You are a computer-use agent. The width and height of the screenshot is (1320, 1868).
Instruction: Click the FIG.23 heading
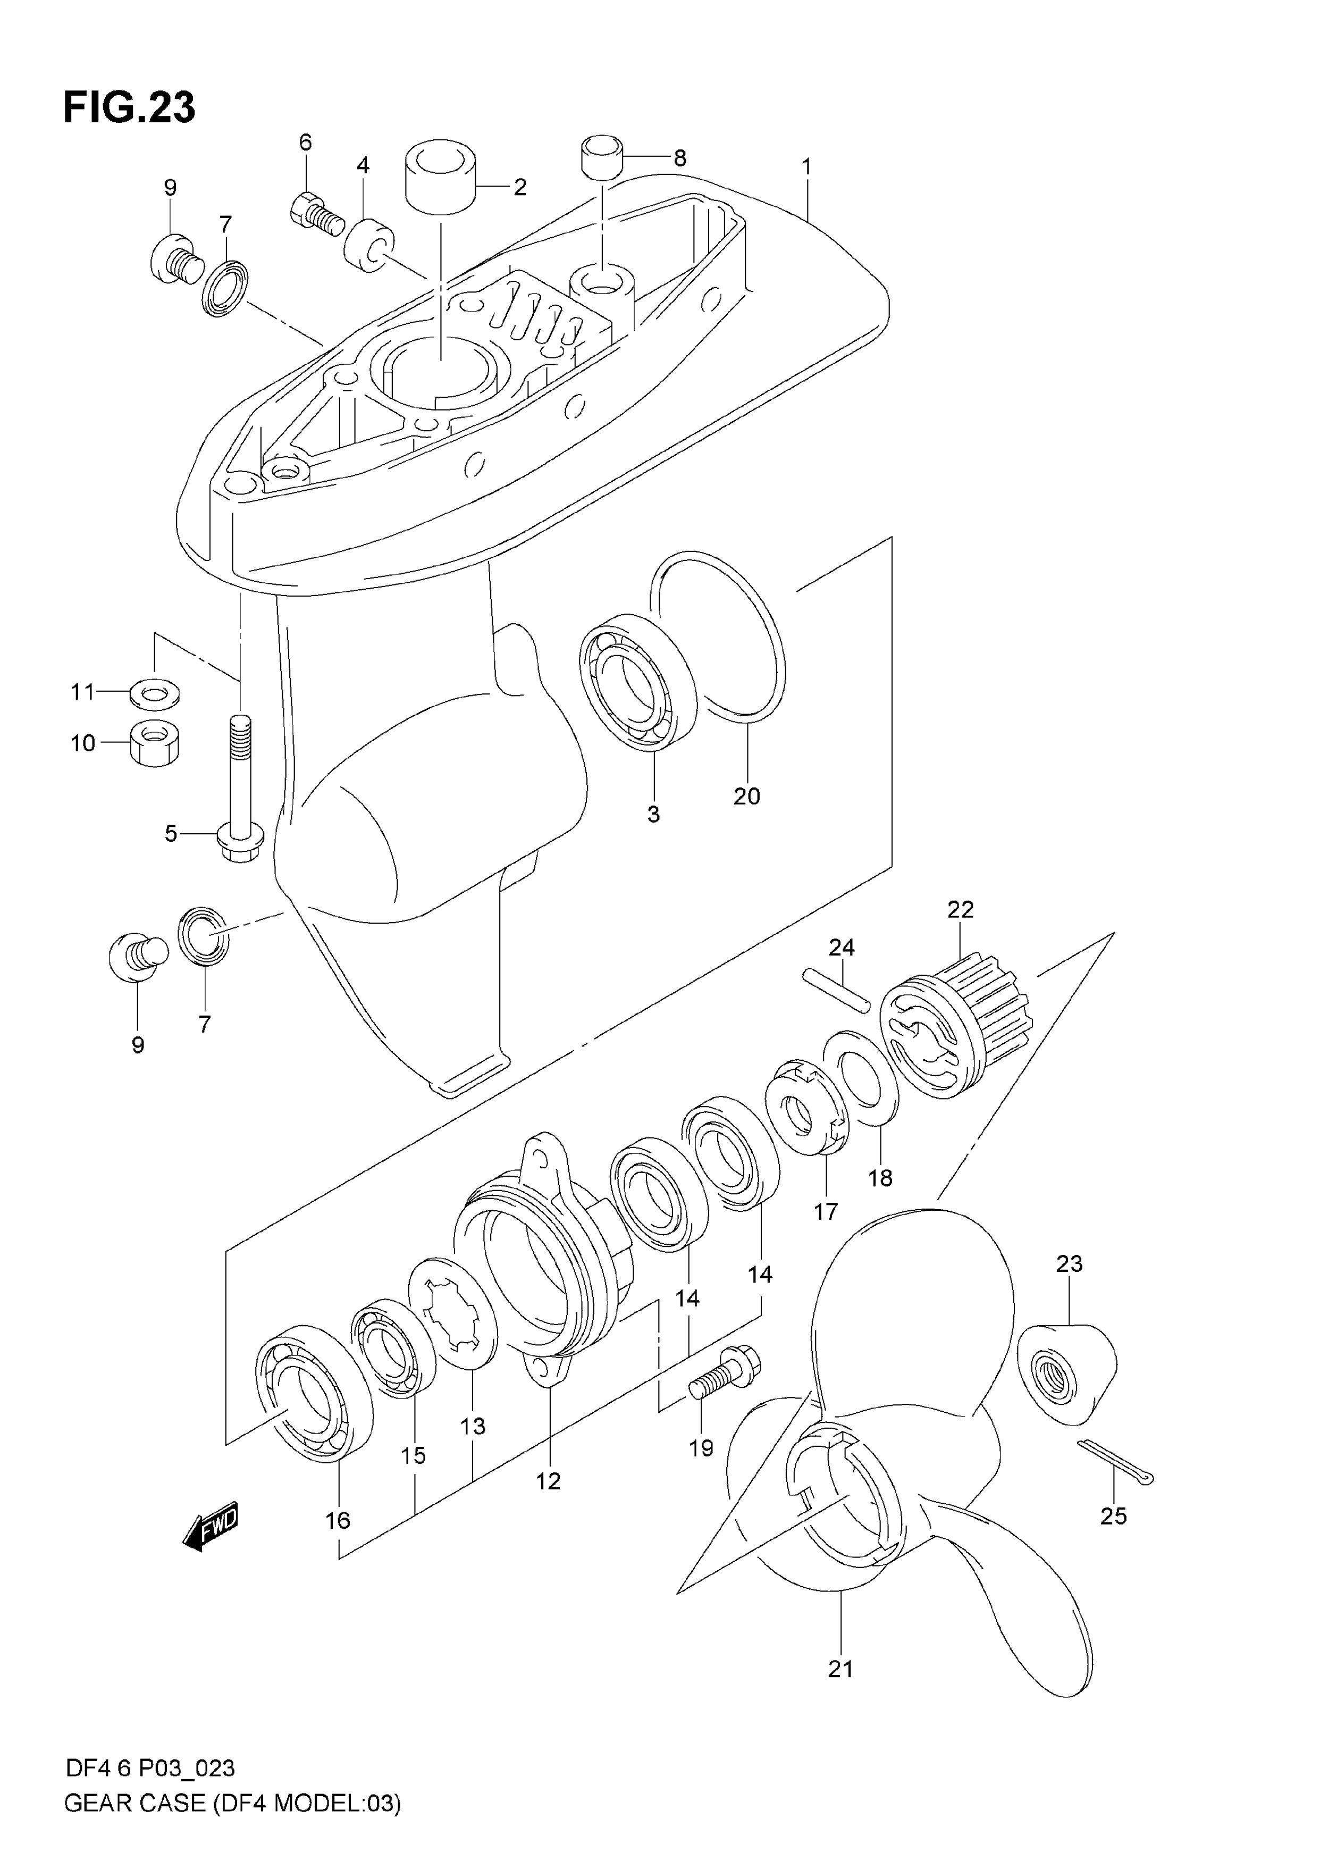tap(129, 107)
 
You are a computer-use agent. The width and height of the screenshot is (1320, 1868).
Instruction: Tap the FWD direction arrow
tap(211, 1526)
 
